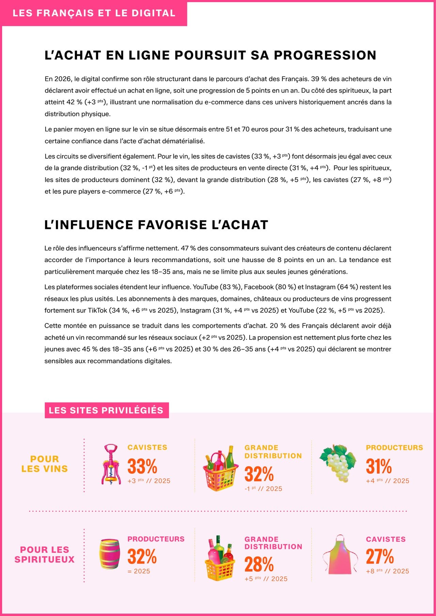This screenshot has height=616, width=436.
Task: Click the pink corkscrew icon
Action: [x=110, y=464]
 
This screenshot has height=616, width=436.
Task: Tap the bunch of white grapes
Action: [x=338, y=463]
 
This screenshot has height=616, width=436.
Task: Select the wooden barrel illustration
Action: [x=110, y=554]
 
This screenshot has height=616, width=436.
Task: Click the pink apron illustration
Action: [x=340, y=554]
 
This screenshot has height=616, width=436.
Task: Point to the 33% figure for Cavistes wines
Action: [x=142, y=466]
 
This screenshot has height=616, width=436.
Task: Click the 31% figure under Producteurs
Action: [x=378, y=466]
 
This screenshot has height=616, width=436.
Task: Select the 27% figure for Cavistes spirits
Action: [x=379, y=557]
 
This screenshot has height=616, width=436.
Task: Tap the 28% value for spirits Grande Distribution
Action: [x=259, y=564]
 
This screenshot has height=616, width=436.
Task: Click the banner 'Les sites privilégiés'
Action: [x=106, y=410]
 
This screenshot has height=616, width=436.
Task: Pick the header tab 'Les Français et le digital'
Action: [x=94, y=13]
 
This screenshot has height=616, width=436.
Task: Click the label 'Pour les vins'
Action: [x=45, y=464]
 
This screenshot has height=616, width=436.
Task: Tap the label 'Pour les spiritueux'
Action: [x=45, y=554]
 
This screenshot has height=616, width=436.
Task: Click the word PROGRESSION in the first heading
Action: [x=325, y=55]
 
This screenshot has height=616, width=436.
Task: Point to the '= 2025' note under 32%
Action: [x=139, y=571]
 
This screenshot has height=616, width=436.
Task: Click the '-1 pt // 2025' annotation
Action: [x=263, y=489]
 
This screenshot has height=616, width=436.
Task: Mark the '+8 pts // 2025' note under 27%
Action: [x=387, y=571]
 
